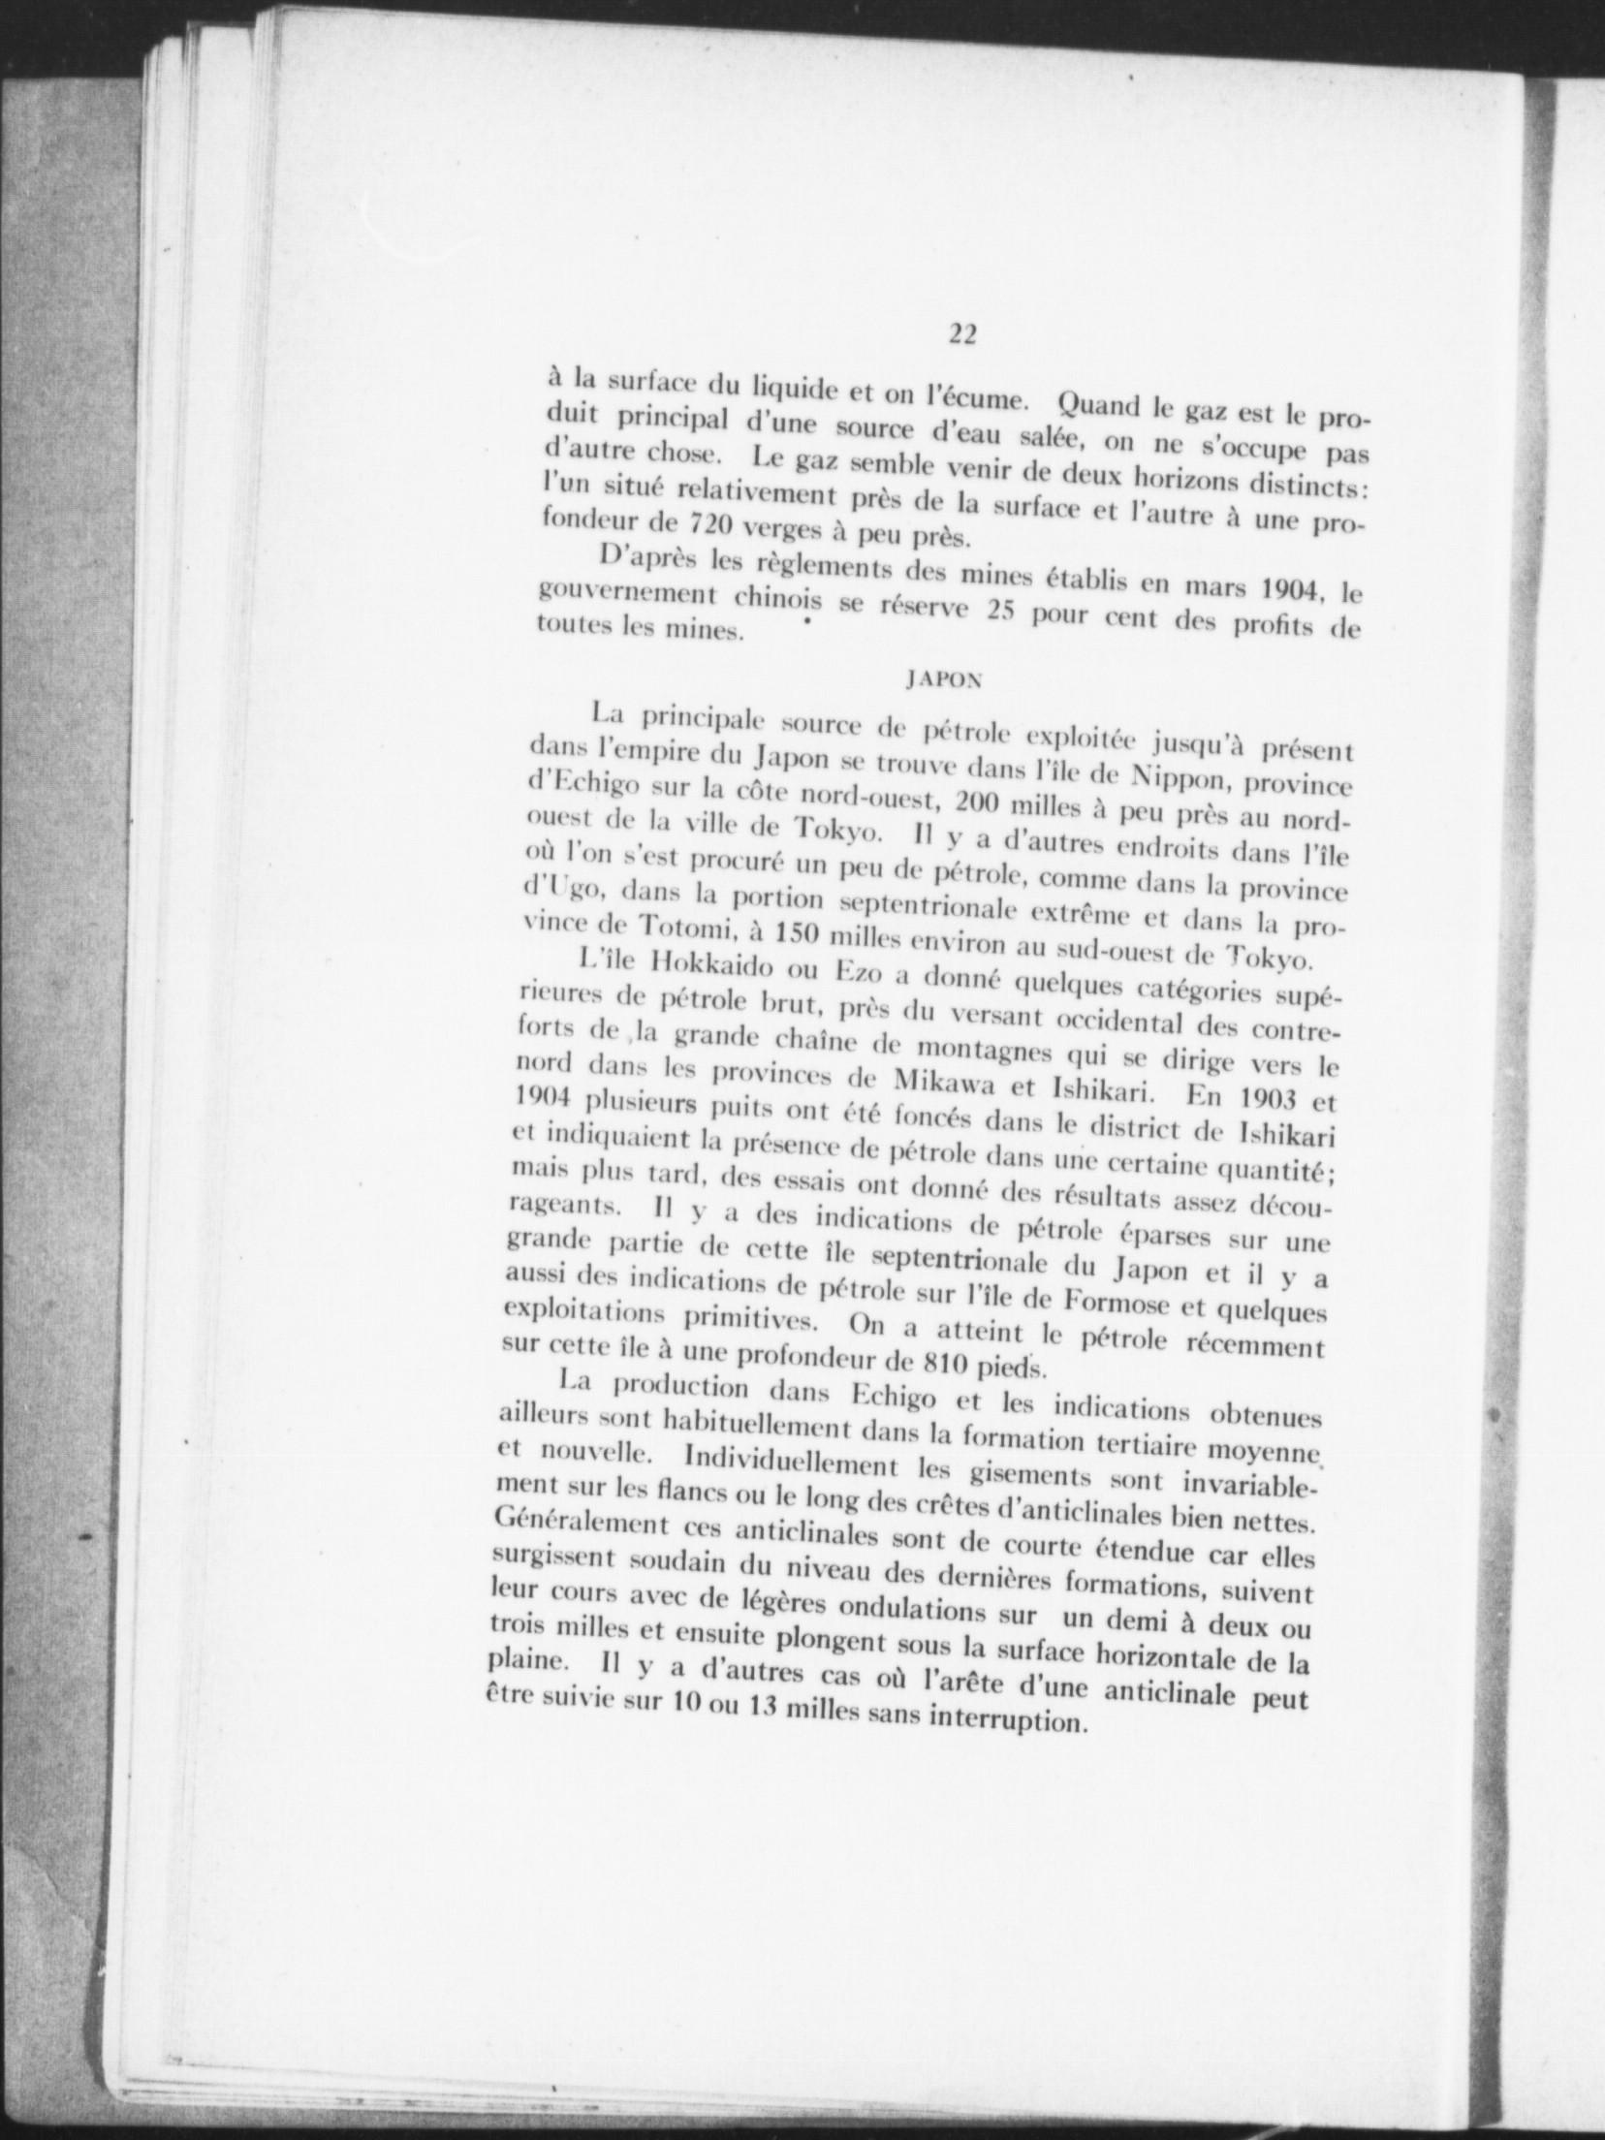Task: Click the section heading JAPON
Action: [x=943, y=680]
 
